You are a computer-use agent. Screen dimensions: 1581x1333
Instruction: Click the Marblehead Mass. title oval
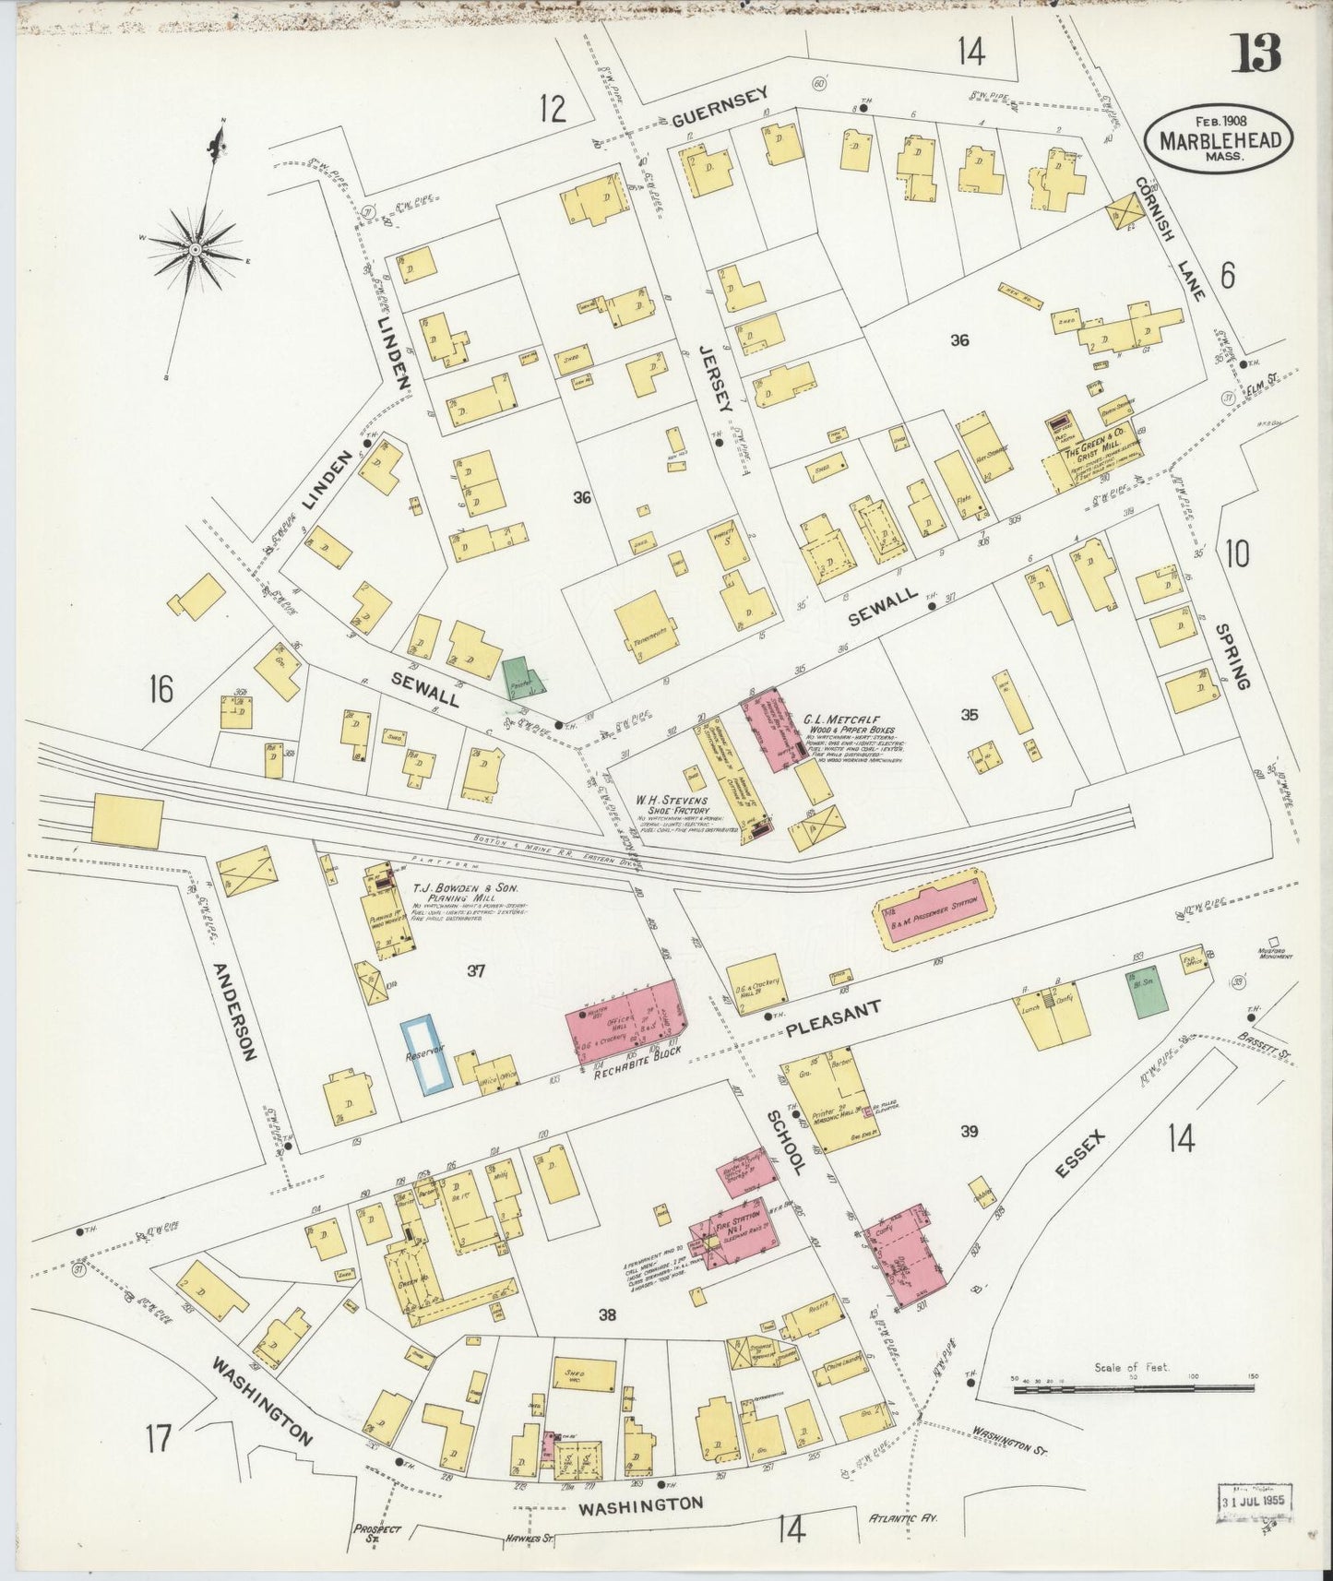click(1218, 139)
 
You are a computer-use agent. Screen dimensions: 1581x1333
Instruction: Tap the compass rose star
click(196, 249)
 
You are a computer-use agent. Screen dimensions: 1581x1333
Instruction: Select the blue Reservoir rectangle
click(426, 1055)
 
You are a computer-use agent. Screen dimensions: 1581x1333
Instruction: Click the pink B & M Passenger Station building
click(933, 909)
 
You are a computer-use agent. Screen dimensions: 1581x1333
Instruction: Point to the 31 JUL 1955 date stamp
click(1254, 1501)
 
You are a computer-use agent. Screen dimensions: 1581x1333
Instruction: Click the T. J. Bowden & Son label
click(467, 888)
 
